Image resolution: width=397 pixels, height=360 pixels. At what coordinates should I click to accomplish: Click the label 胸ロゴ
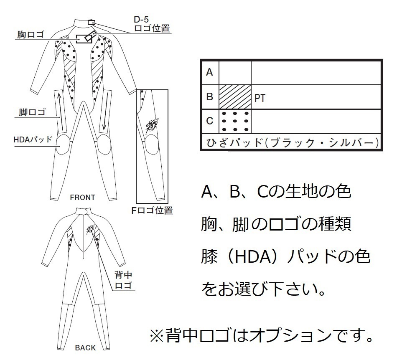coord(31,34)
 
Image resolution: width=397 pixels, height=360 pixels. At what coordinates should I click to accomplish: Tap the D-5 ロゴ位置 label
coord(152,24)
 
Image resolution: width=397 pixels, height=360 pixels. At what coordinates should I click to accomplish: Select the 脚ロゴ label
coord(32,112)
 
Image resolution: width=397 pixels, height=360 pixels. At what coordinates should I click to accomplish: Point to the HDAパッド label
coord(33,139)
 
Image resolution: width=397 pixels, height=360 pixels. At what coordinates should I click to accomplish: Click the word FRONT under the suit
coord(83,197)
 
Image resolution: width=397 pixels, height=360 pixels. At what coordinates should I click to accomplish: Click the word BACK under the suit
coord(85,348)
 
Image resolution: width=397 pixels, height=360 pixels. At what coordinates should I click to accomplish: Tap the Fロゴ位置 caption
coord(152,210)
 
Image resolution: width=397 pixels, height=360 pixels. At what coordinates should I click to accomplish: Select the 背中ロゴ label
coord(123,280)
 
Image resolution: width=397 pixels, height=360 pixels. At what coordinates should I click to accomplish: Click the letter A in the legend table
coord(209,72)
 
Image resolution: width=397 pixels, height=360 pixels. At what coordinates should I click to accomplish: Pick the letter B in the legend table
coord(209,96)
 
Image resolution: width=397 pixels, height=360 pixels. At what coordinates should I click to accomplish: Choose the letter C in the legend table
coord(209,121)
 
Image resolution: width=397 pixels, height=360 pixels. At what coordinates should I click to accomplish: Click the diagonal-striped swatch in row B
coord(235,97)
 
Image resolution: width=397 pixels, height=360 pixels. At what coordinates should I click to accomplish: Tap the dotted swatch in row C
coord(235,122)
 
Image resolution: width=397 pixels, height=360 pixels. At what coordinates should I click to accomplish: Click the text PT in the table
coord(260,98)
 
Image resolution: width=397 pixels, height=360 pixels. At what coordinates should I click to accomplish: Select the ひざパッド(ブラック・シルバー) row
coord(292,142)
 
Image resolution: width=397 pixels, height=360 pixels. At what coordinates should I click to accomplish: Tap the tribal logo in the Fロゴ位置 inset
coord(153,125)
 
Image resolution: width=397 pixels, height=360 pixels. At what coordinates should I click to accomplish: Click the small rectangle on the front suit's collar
coord(92,23)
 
